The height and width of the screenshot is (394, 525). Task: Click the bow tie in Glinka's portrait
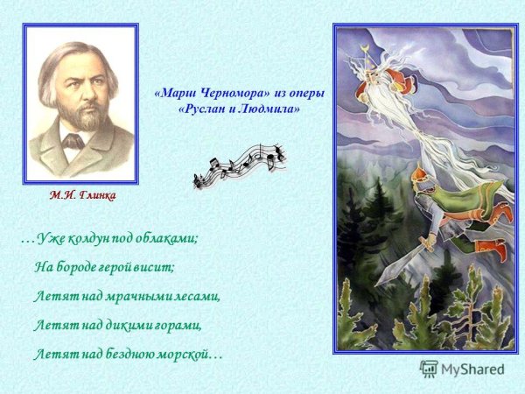[72, 140]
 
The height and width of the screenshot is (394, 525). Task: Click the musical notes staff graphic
[239, 165]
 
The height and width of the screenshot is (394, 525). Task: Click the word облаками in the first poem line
[170, 238]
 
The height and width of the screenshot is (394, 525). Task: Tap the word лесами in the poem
[193, 296]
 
